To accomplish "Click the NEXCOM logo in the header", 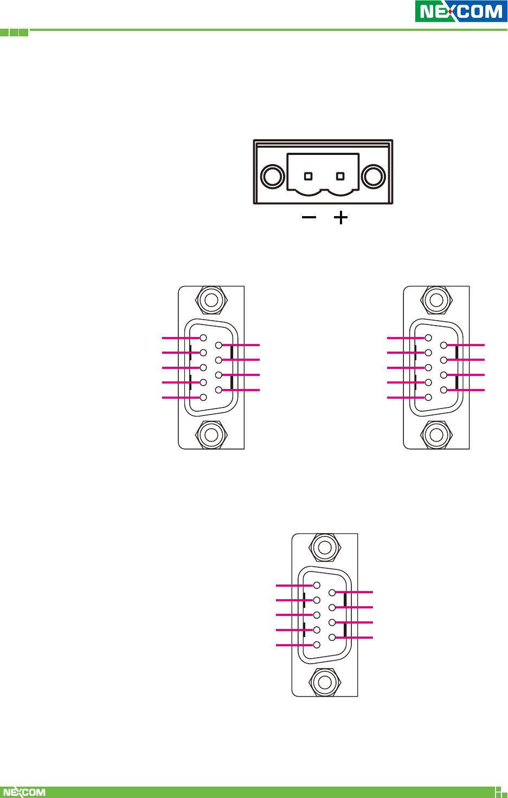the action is click(461, 11).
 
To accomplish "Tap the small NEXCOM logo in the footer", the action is click(24, 792).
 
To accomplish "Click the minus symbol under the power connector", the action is click(309, 218).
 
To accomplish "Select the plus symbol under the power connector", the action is click(340, 218).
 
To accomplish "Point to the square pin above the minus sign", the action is click(308, 176).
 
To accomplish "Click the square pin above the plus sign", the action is click(340, 176).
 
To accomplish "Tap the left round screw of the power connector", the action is click(272, 177).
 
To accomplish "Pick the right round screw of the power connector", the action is click(374, 177).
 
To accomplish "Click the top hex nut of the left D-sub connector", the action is click(211, 300).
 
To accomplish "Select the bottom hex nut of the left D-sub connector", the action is click(211, 434).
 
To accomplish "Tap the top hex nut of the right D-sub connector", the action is click(436, 300).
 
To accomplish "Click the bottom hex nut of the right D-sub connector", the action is click(436, 434).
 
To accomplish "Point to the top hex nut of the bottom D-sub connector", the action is click(325, 548).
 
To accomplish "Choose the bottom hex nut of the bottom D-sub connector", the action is click(325, 682).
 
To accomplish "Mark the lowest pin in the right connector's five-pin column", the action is click(428, 398).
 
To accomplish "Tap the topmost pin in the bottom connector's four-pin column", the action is click(332, 592).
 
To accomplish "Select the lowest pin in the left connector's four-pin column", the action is click(218, 390).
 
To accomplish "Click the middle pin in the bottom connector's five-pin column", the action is click(317, 615).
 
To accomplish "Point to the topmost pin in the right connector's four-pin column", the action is click(443, 345).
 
